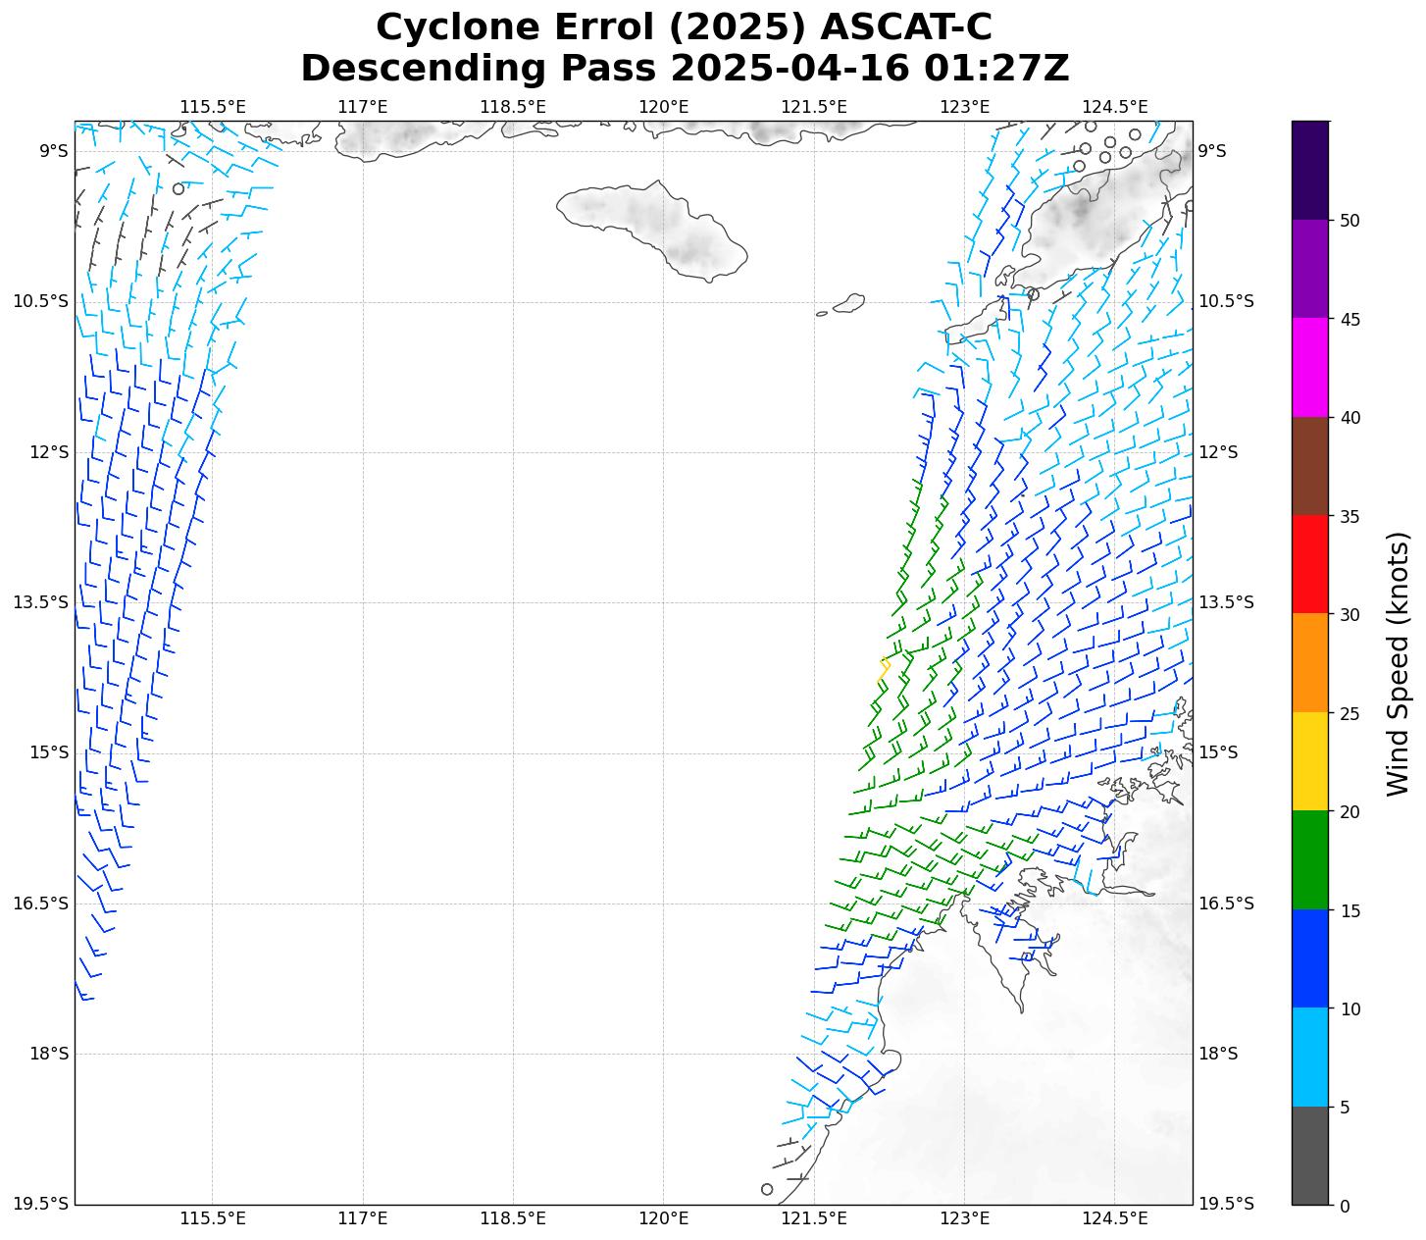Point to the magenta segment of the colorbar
click(x=1310, y=367)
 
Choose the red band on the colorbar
click(x=1310, y=564)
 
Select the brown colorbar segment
click(x=1310, y=466)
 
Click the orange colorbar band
click(x=1310, y=663)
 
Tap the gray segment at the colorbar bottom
click(x=1310, y=1155)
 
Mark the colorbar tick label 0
click(x=1344, y=1206)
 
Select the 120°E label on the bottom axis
click(x=664, y=1218)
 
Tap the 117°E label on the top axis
click(x=363, y=106)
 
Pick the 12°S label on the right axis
click(x=1218, y=451)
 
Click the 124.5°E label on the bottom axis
click(x=1115, y=1218)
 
